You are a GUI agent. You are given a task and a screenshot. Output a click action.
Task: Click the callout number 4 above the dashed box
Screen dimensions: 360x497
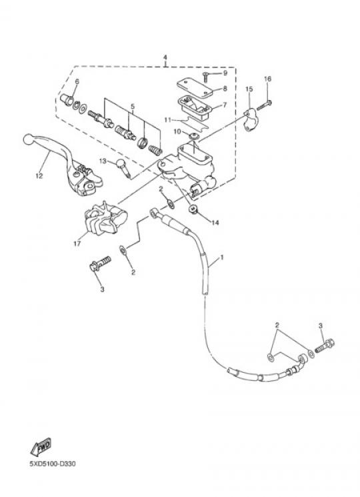pos(165,57)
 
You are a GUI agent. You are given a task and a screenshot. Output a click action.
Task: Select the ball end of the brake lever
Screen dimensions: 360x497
pos(29,139)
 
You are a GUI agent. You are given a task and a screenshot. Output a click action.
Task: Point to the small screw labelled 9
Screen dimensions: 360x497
pos(205,77)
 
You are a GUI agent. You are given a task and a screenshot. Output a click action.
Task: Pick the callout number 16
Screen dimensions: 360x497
pos(267,79)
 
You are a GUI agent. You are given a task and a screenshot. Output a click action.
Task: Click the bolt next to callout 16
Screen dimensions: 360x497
pos(265,105)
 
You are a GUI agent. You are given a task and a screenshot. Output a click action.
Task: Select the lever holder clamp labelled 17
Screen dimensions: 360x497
pos(105,218)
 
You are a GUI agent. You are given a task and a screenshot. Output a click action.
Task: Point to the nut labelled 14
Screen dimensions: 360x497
pos(193,209)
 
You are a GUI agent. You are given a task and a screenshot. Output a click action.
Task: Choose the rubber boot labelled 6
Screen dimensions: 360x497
pos(67,100)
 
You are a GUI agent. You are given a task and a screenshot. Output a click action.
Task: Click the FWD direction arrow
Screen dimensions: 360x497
pos(41,446)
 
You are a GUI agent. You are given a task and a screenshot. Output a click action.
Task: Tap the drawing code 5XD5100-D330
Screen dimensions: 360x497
pos(53,464)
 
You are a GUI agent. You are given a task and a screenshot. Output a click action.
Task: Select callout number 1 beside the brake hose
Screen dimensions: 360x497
pos(222,257)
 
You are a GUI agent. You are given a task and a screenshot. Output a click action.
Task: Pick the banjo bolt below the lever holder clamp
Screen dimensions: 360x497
pos(101,264)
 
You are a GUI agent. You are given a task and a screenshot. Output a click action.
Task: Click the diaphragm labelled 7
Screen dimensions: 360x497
pos(194,107)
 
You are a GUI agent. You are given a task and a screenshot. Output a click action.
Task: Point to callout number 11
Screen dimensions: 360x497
pos(167,120)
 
